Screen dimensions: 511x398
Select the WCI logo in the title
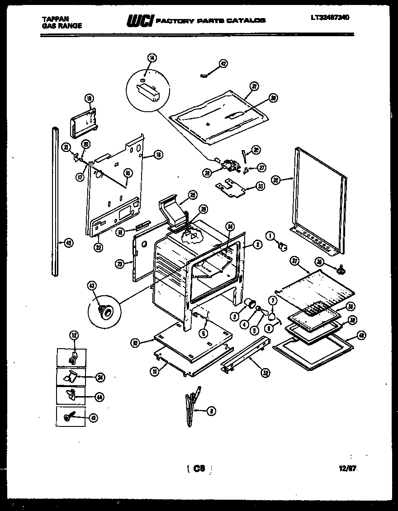coord(140,20)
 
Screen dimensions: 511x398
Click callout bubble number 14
coord(152,57)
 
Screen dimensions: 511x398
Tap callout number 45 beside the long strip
coord(69,243)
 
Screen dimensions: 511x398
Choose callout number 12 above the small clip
coord(74,335)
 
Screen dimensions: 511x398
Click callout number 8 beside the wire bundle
coord(211,411)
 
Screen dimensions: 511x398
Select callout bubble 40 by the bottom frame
coord(361,335)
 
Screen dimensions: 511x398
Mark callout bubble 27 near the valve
coord(261,167)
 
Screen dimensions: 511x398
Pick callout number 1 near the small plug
coord(270,235)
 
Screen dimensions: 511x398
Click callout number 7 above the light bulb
coord(273,300)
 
